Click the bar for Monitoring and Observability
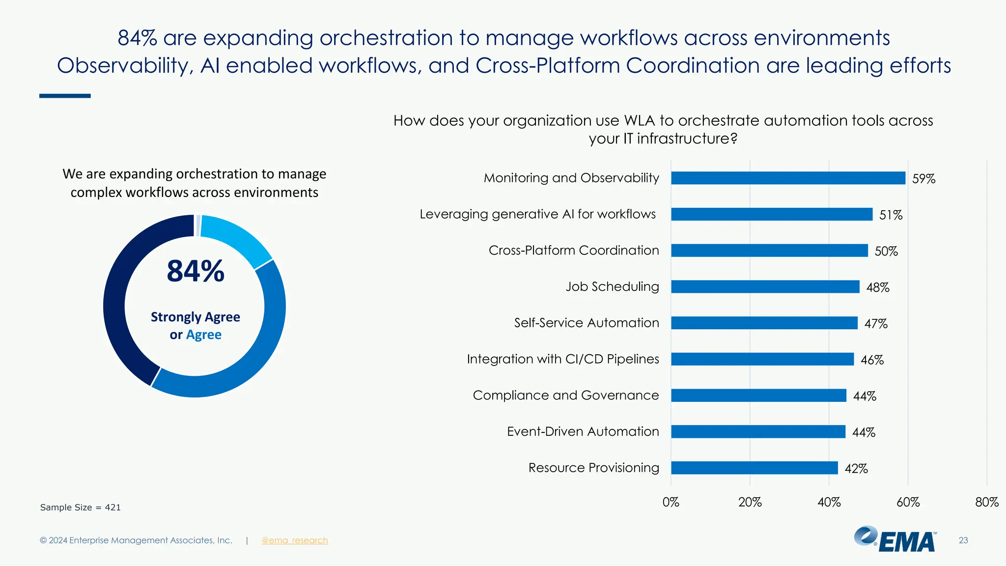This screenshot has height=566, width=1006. [788, 178]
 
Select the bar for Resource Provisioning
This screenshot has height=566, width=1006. [754, 468]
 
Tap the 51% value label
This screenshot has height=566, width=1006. [891, 215]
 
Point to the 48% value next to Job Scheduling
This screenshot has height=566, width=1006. [877, 287]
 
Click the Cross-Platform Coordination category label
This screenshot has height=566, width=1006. [573, 250]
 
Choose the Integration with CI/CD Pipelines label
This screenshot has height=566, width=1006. [562, 359]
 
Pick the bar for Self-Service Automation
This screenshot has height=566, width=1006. [764, 323]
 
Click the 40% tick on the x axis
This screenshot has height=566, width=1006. [829, 502]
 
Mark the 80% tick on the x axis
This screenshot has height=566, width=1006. [986, 502]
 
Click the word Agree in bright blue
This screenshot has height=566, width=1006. [203, 335]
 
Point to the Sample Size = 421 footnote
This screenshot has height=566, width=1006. [80, 507]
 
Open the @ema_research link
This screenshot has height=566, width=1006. [294, 540]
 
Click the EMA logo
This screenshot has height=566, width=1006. [895, 539]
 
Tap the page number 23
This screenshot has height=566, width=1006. [963, 540]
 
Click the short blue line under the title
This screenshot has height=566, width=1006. [65, 96]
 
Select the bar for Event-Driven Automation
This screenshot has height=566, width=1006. [758, 431]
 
